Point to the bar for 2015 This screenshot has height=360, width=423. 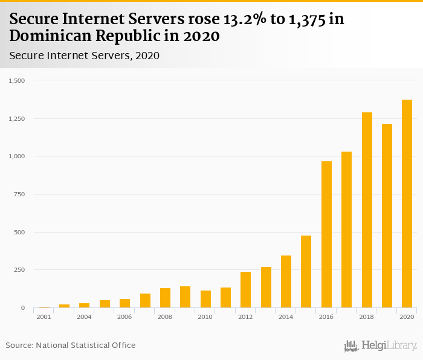point(306,271)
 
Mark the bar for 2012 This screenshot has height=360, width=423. point(245,289)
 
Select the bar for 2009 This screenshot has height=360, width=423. point(185,297)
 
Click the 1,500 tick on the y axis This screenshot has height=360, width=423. point(17,80)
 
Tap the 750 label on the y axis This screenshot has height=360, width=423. point(20,194)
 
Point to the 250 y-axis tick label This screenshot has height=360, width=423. point(20,269)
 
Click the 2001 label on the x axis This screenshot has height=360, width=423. point(44,317)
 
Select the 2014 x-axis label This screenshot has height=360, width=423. point(285,317)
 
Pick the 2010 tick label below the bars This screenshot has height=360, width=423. point(205,317)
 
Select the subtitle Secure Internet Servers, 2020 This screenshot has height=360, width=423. point(84,56)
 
